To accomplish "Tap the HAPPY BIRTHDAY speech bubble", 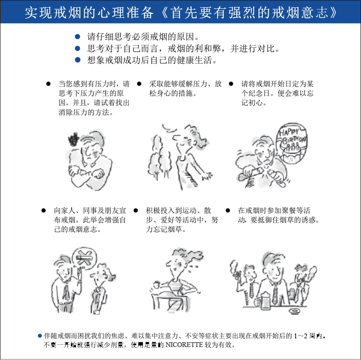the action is [x=292, y=143].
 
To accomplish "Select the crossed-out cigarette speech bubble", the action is [x=84, y=259].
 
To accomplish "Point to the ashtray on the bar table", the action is [x=295, y=311].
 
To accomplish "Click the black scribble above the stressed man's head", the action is [x=74, y=139].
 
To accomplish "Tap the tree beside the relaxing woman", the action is [x=159, y=157].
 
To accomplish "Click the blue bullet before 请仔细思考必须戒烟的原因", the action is [x=77, y=37].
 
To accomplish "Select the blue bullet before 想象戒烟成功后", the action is [x=77, y=60].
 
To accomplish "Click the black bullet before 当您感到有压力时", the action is [x=48, y=84].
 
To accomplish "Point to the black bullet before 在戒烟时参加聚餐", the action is [x=228, y=210].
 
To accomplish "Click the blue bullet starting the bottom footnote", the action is [x=40, y=336].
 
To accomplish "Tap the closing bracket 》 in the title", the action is [x=334, y=13].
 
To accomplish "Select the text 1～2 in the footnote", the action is [x=300, y=336].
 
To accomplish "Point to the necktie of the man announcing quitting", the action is [x=66, y=291].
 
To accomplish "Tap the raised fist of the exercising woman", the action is [x=156, y=285].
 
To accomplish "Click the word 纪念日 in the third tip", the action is [x=259, y=93].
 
